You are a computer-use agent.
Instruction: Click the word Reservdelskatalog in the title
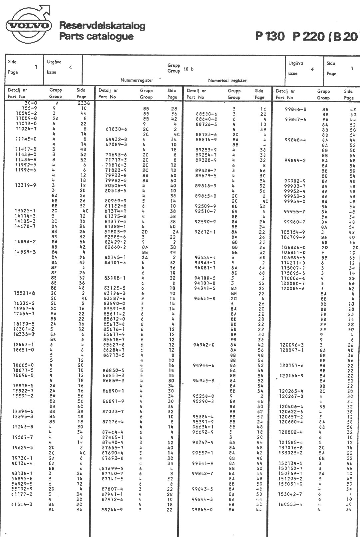(x=102, y=26)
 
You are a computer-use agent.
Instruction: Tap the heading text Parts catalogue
(x=96, y=36)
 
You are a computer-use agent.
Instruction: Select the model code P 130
(x=270, y=36)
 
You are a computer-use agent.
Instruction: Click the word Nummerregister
(x=137, y=80)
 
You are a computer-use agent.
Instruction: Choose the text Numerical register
(x=227, y=80)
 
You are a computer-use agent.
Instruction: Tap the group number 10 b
(x=188, y=69)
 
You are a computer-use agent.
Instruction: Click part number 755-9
(x=29, y=108)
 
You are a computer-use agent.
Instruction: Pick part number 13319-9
(x=26, y=185)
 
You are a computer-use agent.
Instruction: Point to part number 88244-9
(x=112, y=509)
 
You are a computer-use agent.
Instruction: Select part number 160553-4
(x=290, y=504)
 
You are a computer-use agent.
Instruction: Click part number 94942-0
(x=204, y=345)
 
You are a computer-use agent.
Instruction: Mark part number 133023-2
(x=290, y=453)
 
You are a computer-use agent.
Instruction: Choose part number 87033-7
(x=113, y=411)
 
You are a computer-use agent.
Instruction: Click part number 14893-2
(x=26, y=242)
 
